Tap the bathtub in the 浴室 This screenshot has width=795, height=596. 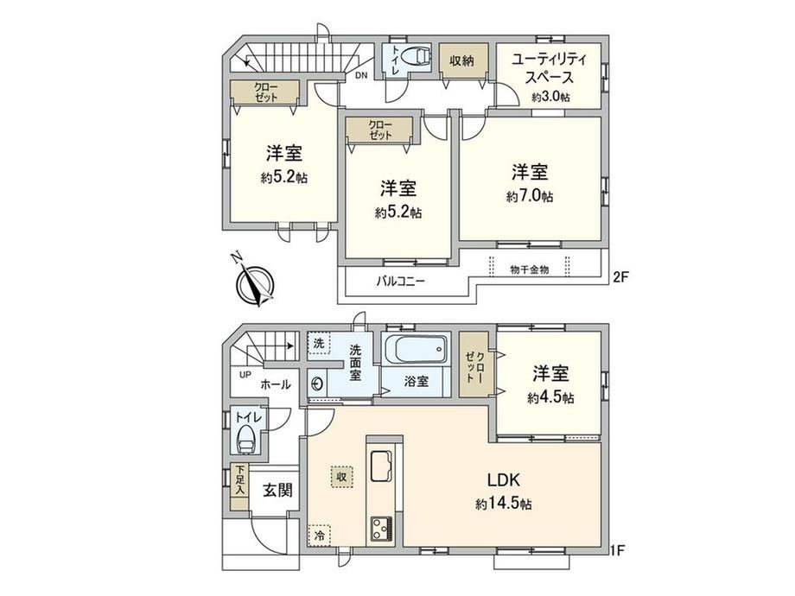click(x=417, y=349)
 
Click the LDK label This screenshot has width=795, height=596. click(x=504, y=479)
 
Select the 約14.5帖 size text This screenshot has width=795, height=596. click(x=504, y=504)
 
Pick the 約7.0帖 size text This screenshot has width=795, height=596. click(x=530, y=197)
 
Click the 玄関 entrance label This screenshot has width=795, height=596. click(x=277, y=490)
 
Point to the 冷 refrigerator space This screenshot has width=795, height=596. click(x=320, y=536)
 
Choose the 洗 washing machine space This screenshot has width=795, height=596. click(x=318, y=343)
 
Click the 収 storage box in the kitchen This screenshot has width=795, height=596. click(x=342, y=477)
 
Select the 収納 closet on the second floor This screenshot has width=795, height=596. click(x=463, y=60)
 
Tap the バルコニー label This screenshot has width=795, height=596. click(x=400, y=282)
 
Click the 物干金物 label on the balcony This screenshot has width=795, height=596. click(x=530, y=269)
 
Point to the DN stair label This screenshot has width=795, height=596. click(x=360, y=76)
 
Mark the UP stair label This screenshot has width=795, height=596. click(x=245, y=375)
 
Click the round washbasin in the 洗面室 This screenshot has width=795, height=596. click(x=317, y=384)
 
